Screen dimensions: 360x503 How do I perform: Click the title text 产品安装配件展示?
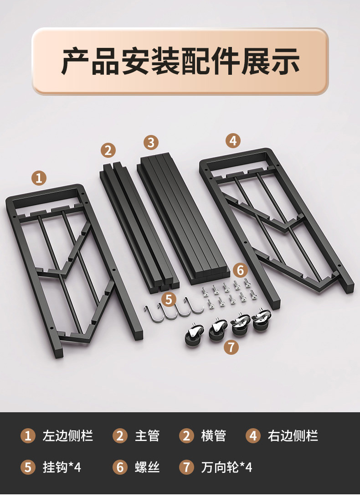click(180, 61)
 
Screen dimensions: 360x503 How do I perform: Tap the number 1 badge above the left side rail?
click(39, 178)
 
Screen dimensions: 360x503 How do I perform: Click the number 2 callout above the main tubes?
click(108, 150)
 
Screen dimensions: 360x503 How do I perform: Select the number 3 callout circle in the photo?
click(151, 142)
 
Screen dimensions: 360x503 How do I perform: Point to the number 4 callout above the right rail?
click(233, 140)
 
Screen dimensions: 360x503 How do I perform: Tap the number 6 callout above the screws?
click(240, 270)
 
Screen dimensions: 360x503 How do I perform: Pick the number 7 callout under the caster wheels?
click(231, 347)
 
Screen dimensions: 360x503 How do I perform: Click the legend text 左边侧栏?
click(67, 436)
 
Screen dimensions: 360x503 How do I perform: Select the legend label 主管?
click(147, 436)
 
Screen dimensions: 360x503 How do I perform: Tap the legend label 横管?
click(214, 436)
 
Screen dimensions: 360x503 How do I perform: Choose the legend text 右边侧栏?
click(293, 436)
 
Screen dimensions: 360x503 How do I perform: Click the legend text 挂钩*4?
click(62, 467)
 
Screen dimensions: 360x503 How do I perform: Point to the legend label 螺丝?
click(147, 467)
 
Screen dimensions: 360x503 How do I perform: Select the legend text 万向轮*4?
click(226, 467)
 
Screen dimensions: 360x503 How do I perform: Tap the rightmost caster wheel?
click(262, 319)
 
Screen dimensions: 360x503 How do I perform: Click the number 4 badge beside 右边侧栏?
click(253, 436)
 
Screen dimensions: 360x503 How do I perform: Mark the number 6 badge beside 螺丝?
click(120, 467)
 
